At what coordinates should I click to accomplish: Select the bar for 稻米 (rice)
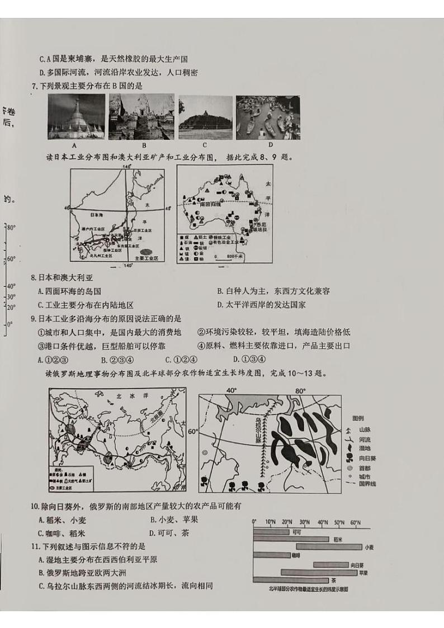pyautogui.click(x=291, y=539)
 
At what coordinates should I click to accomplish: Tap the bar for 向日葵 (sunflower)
pyautogui.click(x=330, y=565)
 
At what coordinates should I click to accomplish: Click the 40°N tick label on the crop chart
pyautogui.click(x=322, y=522)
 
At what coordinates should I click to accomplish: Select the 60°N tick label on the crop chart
pyautogui.click(x=355, y=522)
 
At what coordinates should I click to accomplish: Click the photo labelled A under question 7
pyautogui.click(x=77, y=116)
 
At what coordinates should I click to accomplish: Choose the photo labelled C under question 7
pyautogui.click(x=205, y=116)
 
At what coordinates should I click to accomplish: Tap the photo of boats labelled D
pyautogui.click(x=267, y=116)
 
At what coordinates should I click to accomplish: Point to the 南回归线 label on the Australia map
pyautogui.click(x=211, y=205)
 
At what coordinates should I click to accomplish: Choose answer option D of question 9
pyautogui.click(x=249, y=359)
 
